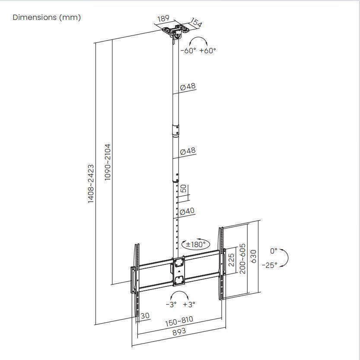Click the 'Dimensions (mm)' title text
click(47, 17)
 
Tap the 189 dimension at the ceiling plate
click(163, 19)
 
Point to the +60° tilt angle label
click(207, 50)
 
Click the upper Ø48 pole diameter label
click(188, 87)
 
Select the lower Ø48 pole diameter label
click(188, 151)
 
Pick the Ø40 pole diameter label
click(187, 211)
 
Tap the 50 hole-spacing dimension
click(184, 189)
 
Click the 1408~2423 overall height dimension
click(91, 183)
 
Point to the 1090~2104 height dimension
click(108, 162)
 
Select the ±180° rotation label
click(195, 244)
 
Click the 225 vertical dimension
click(232, 260)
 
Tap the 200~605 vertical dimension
click(243, 258)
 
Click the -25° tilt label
click(270, 265)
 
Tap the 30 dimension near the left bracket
click(145, 316)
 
